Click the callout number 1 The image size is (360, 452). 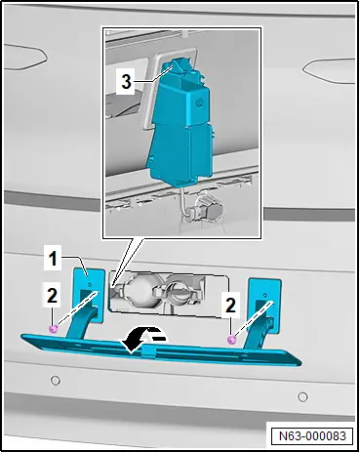click(x=53, y=259)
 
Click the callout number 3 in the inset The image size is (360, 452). click(x=126, y=81)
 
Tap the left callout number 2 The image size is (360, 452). click(x=52, y=296)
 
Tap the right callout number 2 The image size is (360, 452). click(x=230, y=306)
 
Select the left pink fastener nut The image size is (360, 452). click(x=53, y=329)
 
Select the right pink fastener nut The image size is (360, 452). click(x=231, y=341)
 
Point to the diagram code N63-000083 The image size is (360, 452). click(x=312, y=435)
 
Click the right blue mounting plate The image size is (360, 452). click(x=265, y=306)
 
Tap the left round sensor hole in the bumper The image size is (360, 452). click(x=56, y=380)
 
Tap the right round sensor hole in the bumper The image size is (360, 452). click(x=302, y=396)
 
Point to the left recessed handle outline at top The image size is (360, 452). click(x=26, y=58)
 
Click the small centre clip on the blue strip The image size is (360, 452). click(x=149, y=351)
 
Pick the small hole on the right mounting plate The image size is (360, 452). click(x=265, y=295)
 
